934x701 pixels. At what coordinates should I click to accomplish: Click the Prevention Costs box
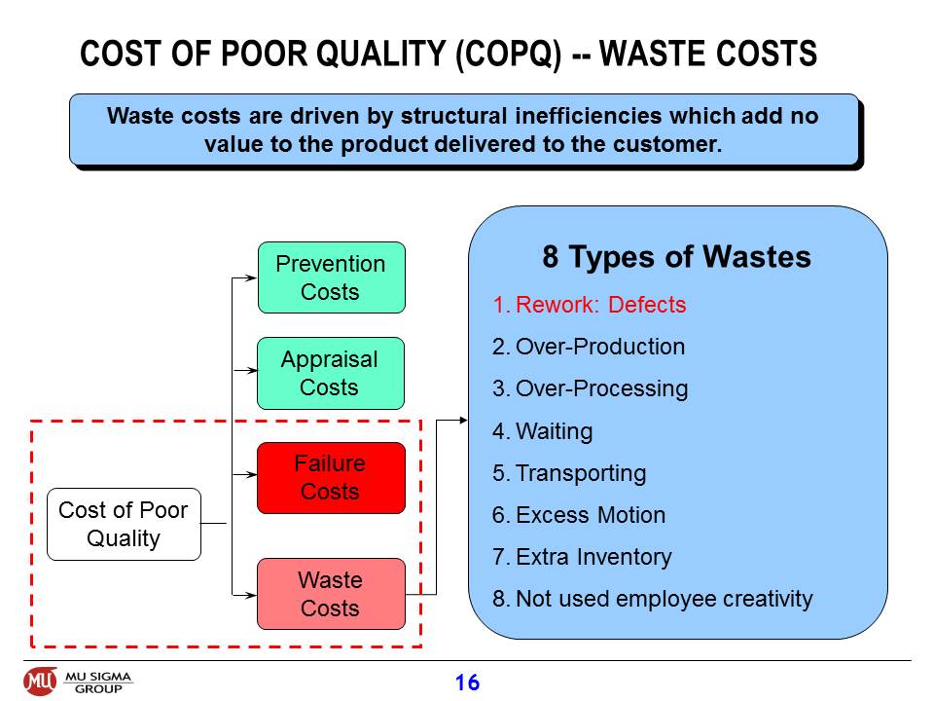tap(331, 277)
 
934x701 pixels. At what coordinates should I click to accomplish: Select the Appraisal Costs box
tap(331, 373)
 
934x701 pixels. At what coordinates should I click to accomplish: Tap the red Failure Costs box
tap(331, 477)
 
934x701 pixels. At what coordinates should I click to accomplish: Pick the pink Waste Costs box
tap(331, 594)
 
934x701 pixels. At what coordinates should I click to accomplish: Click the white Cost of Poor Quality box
tap(124, 524)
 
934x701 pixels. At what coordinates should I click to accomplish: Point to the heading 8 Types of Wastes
tap(676, 257)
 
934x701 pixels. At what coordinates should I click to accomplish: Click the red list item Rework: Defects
tap(590, 305)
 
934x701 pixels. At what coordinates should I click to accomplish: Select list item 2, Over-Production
tap(589, 347)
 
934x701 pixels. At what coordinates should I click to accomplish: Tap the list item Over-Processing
tap(590, 388)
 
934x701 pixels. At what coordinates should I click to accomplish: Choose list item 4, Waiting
tap(542, 431)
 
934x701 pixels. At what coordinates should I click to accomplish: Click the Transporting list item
tap(569, 473)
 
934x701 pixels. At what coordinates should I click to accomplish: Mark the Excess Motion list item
tap(578, 515)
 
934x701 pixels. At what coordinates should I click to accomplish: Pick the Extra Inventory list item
tap(582, 557)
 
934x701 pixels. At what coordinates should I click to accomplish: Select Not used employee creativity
tap(652, 599)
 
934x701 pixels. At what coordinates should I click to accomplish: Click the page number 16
tap(467, 683)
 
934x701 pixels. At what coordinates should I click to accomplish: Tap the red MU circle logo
tap(41, 682)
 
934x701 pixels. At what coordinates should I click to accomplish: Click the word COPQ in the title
tap(509, 54)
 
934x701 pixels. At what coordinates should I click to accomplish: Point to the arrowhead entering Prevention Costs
tap(251, 277)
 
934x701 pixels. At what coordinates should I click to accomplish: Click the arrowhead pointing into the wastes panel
tap(463, 421)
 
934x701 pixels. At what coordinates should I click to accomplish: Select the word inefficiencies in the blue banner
tap(588, 116)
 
